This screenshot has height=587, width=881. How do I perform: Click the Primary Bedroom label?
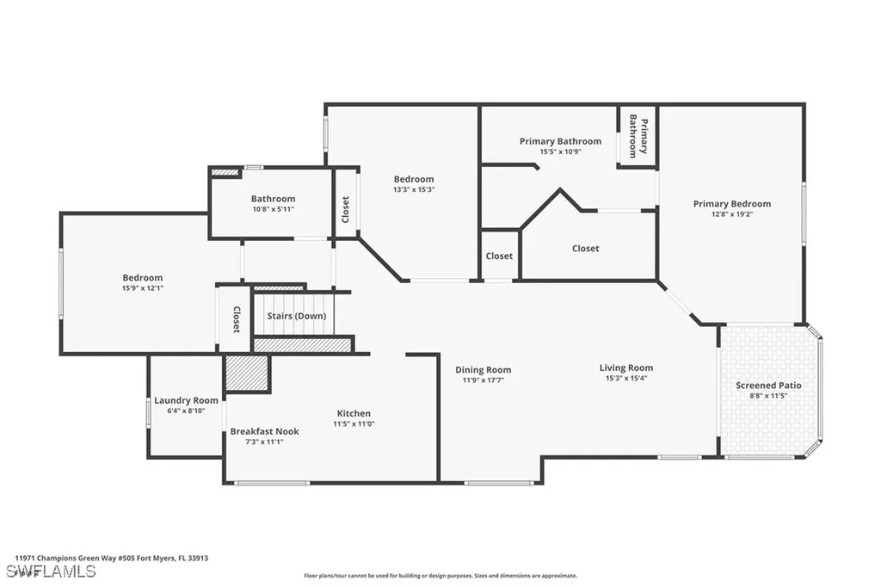click(x=731, y=203)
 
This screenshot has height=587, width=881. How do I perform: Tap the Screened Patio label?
click(x=768, y=385)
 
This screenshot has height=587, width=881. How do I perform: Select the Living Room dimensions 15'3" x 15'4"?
click(x=626, y=378)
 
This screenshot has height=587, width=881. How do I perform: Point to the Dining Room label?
click(x=484, y=369)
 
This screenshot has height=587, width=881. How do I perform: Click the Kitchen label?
click(x=354, y=413)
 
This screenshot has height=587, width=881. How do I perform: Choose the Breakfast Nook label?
click(x=265, y=431)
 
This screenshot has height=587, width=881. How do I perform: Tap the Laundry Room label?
click(x=186, y=400)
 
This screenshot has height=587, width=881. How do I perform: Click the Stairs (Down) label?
click(x=297, y=315)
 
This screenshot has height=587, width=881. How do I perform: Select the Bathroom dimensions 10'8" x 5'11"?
click(x=273, y=209)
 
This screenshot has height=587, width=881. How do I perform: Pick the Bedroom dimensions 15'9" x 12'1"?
click(x=143, y=287)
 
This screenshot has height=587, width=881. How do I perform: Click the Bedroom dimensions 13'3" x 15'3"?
click(x=414, y=189)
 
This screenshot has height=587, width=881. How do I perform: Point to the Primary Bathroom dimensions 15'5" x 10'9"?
click(x=561, y=151)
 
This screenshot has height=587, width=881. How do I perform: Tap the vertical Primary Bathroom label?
click(x=638, y=136)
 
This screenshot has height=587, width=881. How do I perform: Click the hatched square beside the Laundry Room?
click(x=246, y=373)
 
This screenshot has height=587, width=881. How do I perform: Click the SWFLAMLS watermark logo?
click(x=51, y=572)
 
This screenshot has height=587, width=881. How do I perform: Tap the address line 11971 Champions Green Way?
click(x=111, y=559)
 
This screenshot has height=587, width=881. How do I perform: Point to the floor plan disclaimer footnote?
click(x=440, y=576)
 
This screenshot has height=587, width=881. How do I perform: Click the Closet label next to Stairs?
click(x=237, y=319)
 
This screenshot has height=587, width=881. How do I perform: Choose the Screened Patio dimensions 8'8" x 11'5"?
click(x=768, y=396)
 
